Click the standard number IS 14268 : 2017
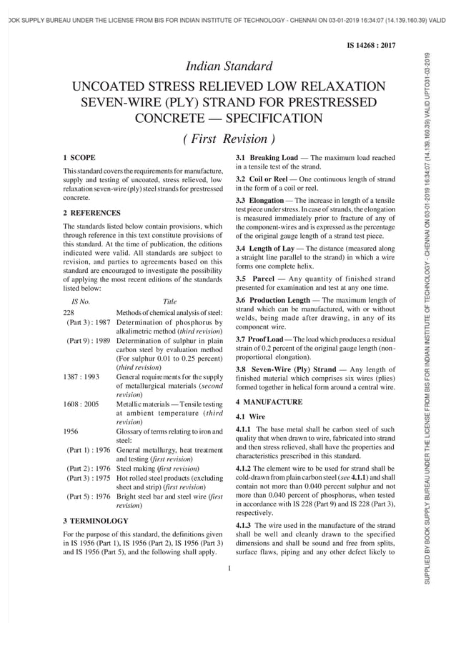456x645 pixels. pos(371,45)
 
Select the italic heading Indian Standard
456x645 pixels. pos(229,67)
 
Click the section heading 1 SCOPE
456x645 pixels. pos(79,156)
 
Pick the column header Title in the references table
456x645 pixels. pos(169,302)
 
